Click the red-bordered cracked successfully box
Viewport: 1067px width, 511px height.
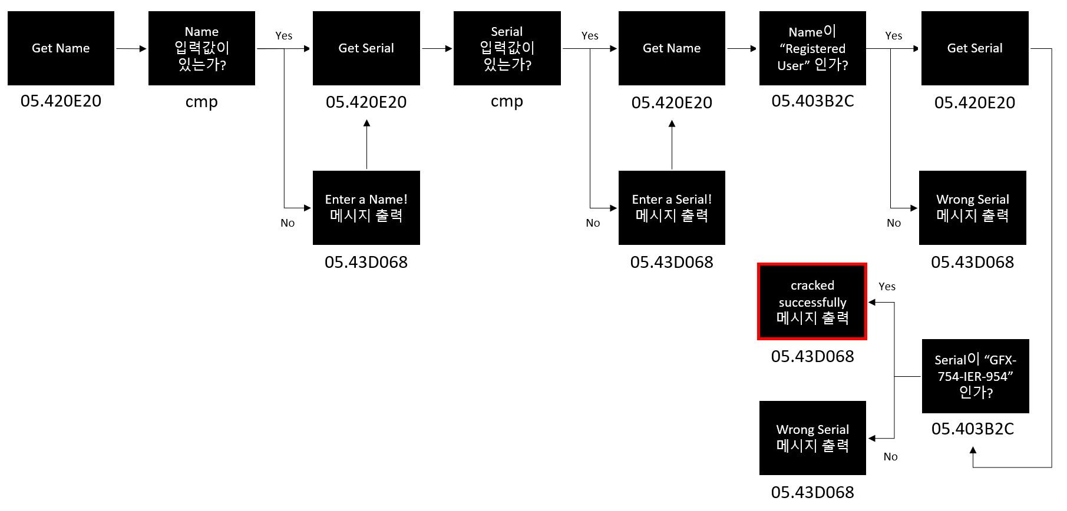pos(812,301)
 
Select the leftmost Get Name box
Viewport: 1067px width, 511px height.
pos(61,48)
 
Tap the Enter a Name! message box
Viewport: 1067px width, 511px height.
pos(366,207)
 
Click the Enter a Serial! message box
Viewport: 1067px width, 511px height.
pos(672,207)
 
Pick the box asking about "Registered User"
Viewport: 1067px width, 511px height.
pos(812,48)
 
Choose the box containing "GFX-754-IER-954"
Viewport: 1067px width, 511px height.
pos(975,376)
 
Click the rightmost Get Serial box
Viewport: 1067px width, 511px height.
pos(974,48)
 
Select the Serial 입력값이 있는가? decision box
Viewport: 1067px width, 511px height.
pos(507,48)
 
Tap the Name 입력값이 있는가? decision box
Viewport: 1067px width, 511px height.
pos(201,48)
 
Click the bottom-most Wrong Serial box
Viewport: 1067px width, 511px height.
pos(812,437)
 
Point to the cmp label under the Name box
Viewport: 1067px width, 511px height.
pos(201,102)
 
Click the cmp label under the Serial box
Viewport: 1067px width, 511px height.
pos(507,102)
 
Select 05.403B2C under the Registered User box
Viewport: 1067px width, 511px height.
pos(812,101)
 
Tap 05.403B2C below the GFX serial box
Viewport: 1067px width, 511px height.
pos(972,429)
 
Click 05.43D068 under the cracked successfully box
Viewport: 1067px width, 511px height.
pos(812,356)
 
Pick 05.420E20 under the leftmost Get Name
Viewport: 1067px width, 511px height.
pos(61,101)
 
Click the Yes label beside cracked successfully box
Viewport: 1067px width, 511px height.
pos(887,287)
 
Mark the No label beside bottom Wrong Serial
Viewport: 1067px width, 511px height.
pos(890,457)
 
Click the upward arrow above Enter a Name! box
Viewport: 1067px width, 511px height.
pos(366,144)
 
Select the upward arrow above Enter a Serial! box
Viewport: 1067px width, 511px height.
pos(672,144)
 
